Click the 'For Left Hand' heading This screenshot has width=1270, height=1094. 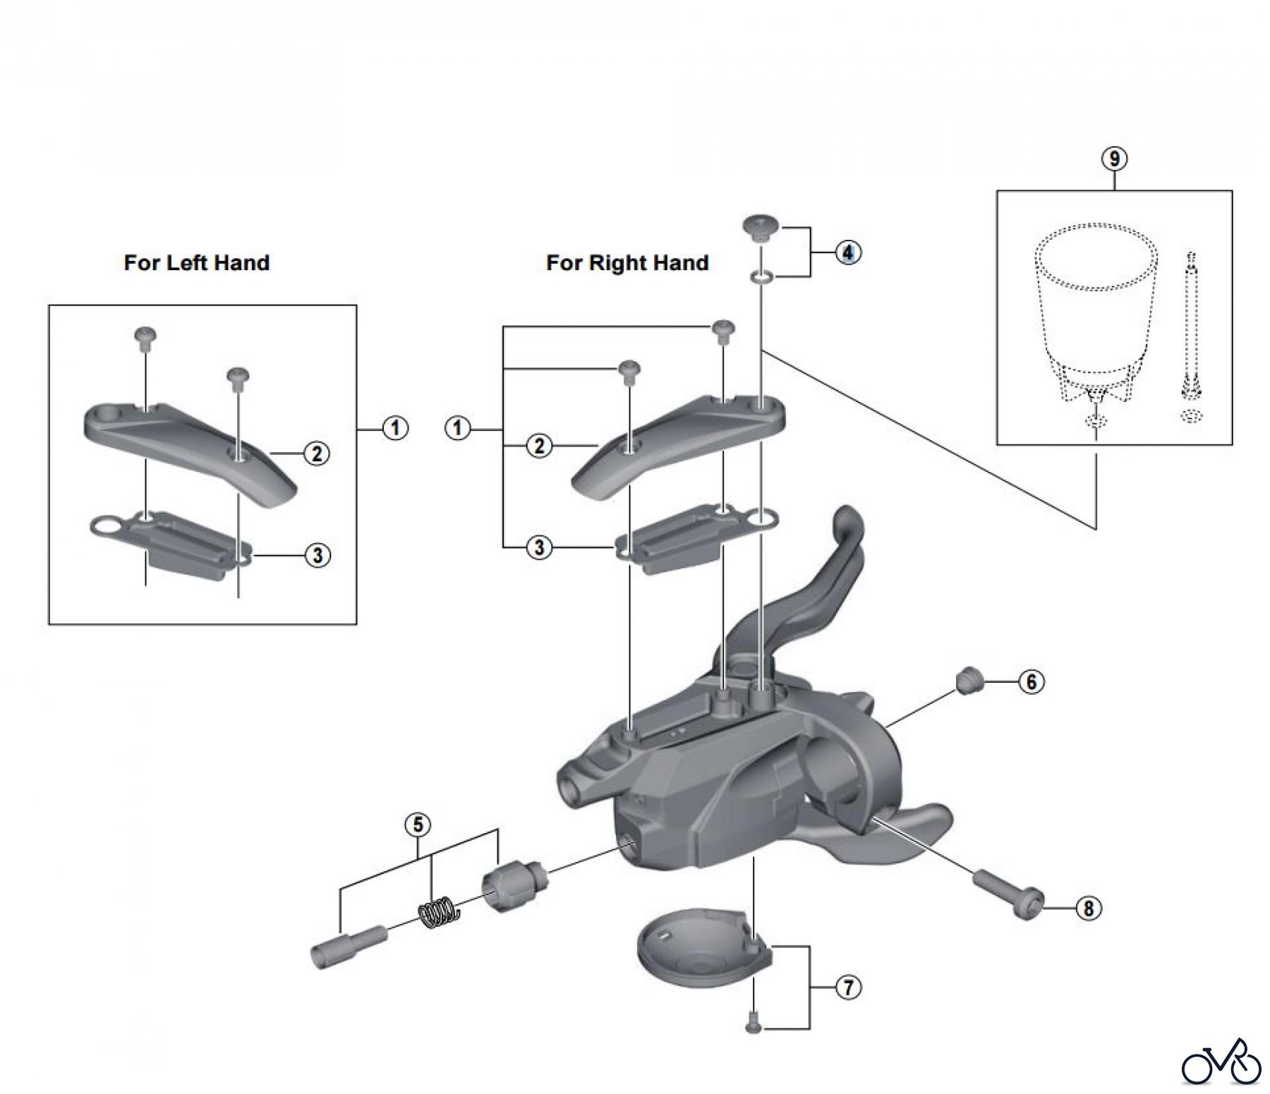coord(196,263)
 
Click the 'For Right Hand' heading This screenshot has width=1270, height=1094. coord(627,263)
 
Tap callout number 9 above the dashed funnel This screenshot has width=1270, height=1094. coord(1114,159)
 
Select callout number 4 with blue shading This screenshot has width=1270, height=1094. coord(847,252)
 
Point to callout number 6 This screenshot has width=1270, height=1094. coord(1031,681)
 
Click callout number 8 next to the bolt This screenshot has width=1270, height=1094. coord(1088,908)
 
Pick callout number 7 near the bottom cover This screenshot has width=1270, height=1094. coord(847,987)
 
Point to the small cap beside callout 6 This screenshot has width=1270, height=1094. coord(968,682)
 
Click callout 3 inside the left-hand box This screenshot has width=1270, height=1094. coord(317,555)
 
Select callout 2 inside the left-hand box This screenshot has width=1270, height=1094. coord(317,454)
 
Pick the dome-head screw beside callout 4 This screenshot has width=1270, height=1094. coord(759,229)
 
